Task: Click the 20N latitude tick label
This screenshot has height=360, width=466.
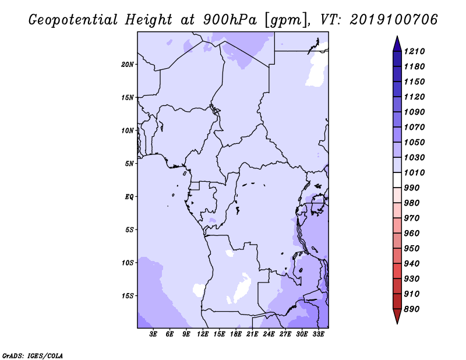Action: coord(128,65)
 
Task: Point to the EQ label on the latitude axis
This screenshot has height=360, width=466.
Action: coord(129,197)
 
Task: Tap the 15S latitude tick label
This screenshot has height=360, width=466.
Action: coord(128,296)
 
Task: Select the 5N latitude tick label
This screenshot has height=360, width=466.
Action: coord(129,164)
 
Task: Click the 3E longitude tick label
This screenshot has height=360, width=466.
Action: coord(153,334)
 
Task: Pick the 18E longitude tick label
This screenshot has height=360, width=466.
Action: coord(236,334)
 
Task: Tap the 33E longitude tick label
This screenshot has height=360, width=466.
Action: coord(318,334)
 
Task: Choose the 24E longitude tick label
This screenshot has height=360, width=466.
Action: coord(269,334)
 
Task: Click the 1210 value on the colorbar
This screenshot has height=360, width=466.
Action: coord(414,51)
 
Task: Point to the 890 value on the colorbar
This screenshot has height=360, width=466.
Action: coord(412,309)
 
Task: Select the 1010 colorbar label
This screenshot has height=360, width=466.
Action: coord(414,172)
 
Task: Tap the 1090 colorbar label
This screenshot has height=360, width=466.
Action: coord(414,112)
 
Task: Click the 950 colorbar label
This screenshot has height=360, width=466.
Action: coord(412,249)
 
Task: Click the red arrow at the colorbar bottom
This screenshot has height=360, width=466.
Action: coord(397,316)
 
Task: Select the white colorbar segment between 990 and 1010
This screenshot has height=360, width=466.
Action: coord(397,180)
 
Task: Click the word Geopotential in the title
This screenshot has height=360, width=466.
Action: coord(73,20)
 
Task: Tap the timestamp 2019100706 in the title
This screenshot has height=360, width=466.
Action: coord(394,20)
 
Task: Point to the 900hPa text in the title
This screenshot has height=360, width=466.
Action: coord(230,20)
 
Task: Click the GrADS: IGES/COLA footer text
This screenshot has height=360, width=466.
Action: coord(33,356)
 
